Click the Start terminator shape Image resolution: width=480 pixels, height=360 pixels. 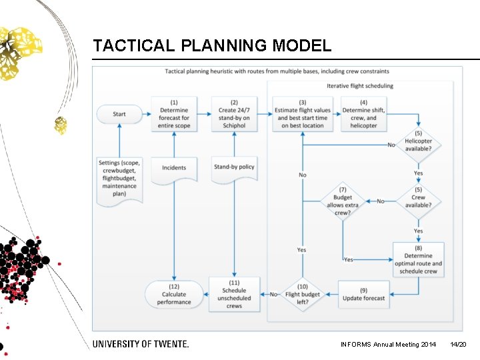tap(119, 114)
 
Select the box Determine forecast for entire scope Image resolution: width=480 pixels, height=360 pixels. tap(174, 114)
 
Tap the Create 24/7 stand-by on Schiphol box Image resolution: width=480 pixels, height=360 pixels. tap(234, 114)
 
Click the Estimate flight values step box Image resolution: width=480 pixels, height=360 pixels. tap(303, 114)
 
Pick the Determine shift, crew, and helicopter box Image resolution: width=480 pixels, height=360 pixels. tap(363, 114)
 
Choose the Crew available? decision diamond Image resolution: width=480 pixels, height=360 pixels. tap(418, 201)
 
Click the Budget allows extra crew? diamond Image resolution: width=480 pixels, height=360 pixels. tap(343, 201)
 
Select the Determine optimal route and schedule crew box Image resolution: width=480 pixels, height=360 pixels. tap(418, 259)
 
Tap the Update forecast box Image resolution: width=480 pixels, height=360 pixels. tap(364, 294)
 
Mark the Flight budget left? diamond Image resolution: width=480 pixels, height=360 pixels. tap(303, 294)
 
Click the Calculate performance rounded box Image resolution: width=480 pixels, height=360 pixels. tap(174, 294)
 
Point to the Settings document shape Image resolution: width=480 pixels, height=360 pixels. tap(119, 179)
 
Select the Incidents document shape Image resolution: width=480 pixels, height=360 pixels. tap(174, 169)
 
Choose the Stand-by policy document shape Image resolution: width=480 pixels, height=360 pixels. tap(234, 169)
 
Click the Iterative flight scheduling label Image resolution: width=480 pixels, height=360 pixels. tap(360, 86)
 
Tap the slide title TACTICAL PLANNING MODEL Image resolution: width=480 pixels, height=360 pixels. tap(212, 46)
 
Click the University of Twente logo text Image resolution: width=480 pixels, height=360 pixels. tap(141, 344)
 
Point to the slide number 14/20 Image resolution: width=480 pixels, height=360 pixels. tap(458, 345)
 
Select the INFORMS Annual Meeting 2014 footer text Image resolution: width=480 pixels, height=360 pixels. tap(388, 345)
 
